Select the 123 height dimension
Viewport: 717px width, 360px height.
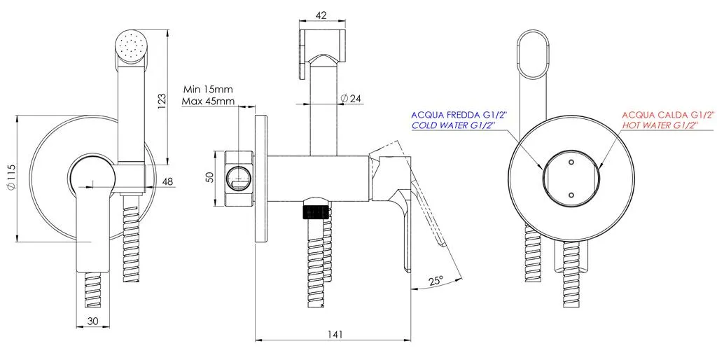[162, 102]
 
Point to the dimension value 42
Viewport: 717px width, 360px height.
[321, 15]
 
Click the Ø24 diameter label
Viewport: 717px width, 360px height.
[351, 98]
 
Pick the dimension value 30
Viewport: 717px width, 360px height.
[93, 321]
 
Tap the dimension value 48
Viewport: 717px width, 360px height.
[167, 181]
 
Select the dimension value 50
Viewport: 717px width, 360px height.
[210, 177]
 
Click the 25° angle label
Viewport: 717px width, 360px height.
[436, 280]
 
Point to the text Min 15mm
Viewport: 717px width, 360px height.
[208, 89]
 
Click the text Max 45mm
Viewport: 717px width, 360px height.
[208, 101]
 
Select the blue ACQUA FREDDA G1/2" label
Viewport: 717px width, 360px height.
[454, 115]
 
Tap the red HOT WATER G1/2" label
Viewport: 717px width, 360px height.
[661, 125]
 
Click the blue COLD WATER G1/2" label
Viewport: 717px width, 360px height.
[454, 125]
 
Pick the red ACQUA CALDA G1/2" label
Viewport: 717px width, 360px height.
[668, 115]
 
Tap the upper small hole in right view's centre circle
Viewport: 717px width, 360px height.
[571, 162]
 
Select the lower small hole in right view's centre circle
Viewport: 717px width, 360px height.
[571, 195]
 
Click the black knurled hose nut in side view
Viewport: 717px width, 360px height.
[314, 213]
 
